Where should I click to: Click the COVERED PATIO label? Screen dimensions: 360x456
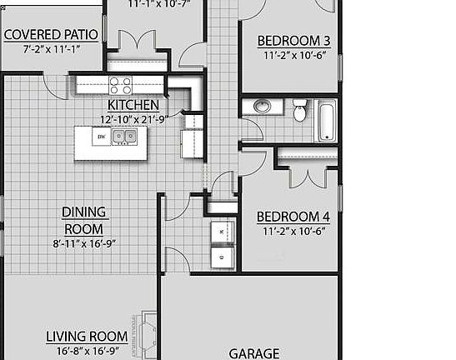pos(51,35)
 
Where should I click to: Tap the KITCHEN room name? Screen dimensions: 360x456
pos(133,106)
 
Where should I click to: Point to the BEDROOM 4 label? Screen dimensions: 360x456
pos(293,217)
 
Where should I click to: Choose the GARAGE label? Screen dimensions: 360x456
pos(254,353)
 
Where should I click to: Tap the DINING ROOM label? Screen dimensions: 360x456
pos(83,220)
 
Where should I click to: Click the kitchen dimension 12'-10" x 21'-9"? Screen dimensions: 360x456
pos(133,118)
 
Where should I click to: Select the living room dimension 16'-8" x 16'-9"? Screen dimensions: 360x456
pos(81,351)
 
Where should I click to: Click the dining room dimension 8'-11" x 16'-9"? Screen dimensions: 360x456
pos(83,244)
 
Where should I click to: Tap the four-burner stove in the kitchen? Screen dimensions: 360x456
pos(120,85)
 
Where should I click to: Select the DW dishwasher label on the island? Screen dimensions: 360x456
pos(101,136)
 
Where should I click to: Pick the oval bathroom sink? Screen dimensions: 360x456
pos(262,107)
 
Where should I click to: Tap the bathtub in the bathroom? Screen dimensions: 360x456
pos(324,120)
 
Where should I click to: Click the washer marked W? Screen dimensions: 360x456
pos(222,231)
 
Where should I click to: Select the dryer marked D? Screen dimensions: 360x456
pos(222,258)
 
